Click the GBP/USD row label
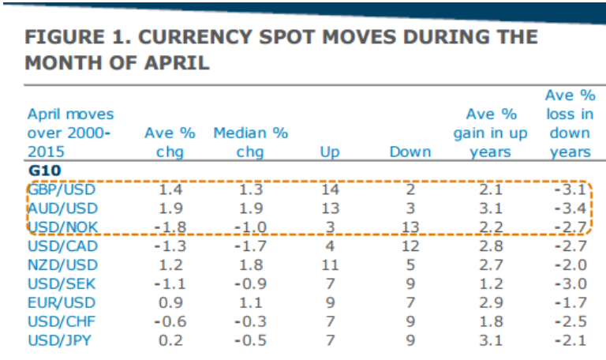point(62,189)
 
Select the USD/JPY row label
point(59,341)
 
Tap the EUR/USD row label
point(62,303)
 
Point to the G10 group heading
point(44,171)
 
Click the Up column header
point(330,152)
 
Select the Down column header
point(410,152)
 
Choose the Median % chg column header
point(250,142)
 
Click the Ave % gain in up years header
point(491,133)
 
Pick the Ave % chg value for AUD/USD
point(170,208)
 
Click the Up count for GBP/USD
point(330,189)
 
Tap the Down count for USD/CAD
point(410,246)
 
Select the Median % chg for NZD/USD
point(251,265)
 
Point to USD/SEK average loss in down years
point(570,284)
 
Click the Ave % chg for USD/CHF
point(170,322)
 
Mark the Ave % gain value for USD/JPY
point(491,341)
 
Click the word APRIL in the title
point(176,62)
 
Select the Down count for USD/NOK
point(410,227)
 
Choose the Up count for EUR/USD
point(330,303)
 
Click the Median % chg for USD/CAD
point(250,246)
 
